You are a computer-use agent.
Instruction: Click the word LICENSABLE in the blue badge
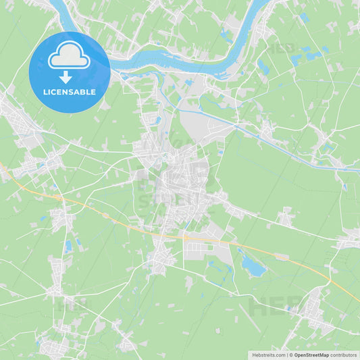click(x=69, y=91)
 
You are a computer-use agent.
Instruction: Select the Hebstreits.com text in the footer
click(x=269, y=355)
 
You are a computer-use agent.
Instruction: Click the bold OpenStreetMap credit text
click(x=315, y=355)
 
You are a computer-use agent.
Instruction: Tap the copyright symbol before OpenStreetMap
click(x=290, y=355)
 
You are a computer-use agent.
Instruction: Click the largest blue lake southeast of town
click(x=253, y=267)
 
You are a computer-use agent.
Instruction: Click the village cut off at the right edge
click(x=349, y=238)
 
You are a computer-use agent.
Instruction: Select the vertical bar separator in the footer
click(x=287, y=355)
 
